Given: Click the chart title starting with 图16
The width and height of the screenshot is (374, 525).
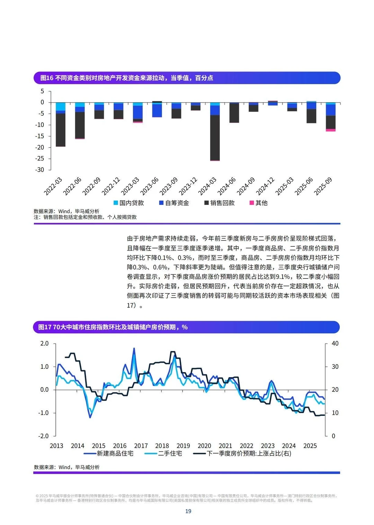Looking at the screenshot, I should pos(126,78).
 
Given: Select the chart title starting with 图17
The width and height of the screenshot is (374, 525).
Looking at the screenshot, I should pos(113,327).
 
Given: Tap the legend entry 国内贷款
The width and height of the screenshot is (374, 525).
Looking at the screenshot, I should pos(129,203).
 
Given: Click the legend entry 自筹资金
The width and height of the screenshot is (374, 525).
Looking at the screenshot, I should pos(174,203).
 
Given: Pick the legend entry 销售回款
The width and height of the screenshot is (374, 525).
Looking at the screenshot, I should pos(220,203).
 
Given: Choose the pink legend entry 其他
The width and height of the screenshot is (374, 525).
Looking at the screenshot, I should pos(259,203).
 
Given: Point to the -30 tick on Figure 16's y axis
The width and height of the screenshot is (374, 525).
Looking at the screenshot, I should pos(40,170).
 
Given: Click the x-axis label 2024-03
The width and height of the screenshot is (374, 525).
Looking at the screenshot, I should pos(207,186).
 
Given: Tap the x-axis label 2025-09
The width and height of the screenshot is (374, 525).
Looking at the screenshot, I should pos(323,186).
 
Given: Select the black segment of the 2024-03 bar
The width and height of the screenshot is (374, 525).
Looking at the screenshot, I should pos(215,138).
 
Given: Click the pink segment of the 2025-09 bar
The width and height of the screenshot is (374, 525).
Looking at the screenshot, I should pos(330,130).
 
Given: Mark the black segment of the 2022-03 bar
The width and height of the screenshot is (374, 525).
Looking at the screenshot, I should pos(61,130).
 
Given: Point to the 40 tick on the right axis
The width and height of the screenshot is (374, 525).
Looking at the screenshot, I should pos(335,343).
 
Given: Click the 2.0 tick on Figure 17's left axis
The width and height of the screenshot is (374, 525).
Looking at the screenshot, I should pos(44,343).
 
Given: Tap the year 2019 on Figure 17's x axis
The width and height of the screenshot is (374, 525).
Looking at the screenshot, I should pos(183,446).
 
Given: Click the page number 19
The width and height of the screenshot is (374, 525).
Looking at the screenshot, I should pos(188,511).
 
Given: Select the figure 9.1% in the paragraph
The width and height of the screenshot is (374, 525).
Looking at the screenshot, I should pos(283,277).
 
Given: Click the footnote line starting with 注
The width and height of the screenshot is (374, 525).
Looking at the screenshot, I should pos(85,217).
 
